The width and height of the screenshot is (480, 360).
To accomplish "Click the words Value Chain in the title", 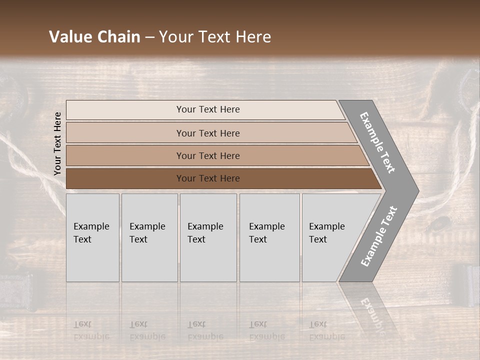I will pyautogui.click(x=94, y=37).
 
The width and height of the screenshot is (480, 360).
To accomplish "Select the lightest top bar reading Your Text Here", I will pyautogui.click(x=207, y=109).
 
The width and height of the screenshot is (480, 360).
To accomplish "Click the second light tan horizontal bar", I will pyautogui.click(x=207, y=133).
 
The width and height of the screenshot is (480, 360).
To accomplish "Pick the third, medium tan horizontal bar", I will pyautogui.click(x=207, y=155).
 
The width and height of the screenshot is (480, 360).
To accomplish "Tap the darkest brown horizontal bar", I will pyautogui.click(x=207, y=178).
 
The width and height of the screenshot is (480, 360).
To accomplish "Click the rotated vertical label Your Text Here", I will pyautogui.click(x=57, y=143).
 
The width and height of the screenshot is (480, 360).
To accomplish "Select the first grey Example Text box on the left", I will pyautogui.click(x=92, y=237).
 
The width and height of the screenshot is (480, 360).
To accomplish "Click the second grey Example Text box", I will pyautogui.click(x=149, y=237).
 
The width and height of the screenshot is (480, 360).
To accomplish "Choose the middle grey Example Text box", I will pyautogui.click(x=208, y=237).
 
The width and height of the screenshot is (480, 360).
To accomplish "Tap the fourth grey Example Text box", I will pyautogui.click(x=269, y=237).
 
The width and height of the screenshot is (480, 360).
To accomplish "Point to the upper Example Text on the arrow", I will pyautogui.click(x=378, y=142).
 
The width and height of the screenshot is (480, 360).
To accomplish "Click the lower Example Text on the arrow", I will pyautogui.click(x=379, y=236).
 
